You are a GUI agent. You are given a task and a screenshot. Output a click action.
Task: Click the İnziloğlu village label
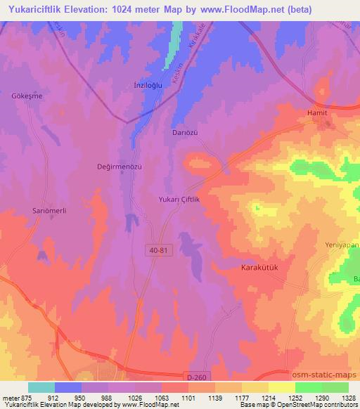pyautogui.click(x=148, y=86)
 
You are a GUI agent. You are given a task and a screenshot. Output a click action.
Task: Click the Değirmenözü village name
pyautogui.click(x=120, y=167)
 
